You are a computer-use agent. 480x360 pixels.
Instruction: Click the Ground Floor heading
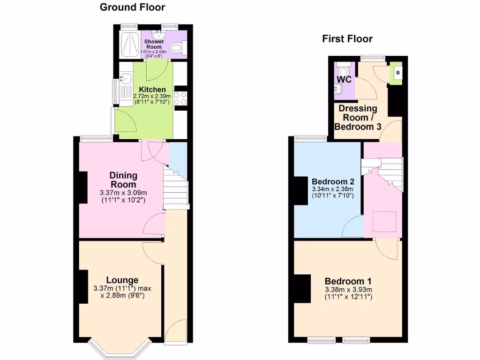point(132,7)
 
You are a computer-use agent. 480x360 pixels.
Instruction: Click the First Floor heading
point(347,39)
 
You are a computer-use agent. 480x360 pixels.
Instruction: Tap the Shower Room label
point(154,45)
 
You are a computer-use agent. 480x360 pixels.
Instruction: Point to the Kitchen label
point(152,90)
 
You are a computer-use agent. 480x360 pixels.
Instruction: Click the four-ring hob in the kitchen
point(180,98)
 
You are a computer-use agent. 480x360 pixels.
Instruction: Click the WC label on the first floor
point(345,79)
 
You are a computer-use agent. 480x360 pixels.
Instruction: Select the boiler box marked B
point(397,73)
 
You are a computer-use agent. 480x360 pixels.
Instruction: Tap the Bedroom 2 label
point(333,182)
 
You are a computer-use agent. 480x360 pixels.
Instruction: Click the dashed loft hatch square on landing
point(384,222)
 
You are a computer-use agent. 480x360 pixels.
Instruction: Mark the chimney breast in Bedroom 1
point(303,288)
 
